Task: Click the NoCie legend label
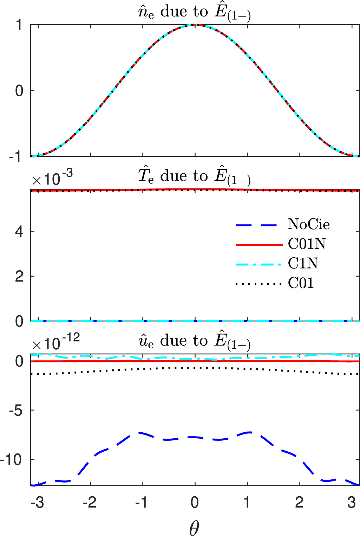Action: (x=308, y=224)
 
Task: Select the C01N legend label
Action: (x=307, y=244)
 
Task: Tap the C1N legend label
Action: (x=303, y=263)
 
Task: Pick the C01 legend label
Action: (x=301, y=283)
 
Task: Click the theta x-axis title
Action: (x=194, y=527)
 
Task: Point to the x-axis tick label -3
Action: (x=37, y=503)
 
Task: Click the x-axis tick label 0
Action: (x=195, y=503)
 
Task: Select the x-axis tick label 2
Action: (x=299, y=503)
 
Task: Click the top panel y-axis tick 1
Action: (x=20, y=25)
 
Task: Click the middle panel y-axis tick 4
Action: (x=20, y=232)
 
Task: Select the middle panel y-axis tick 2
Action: (x=20, y=277)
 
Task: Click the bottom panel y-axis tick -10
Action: (x=13, y=460)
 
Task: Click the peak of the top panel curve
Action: (x=195, y=25)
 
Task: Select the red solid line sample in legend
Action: (x=259, y=244)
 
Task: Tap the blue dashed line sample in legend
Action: (x=259, y=225)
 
